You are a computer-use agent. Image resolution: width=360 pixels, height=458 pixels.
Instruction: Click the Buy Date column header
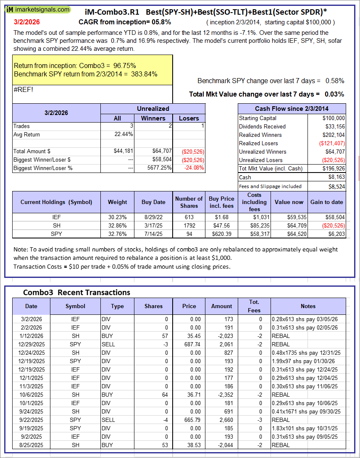click(x=153, y=202)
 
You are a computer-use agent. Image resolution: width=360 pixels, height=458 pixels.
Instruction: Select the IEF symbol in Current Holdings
click(x=56, y=217)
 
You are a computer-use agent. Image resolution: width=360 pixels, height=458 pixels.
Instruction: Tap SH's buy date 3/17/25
click(x=153, y=225)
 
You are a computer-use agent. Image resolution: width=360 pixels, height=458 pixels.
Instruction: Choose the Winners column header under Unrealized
click(x=153, y=118)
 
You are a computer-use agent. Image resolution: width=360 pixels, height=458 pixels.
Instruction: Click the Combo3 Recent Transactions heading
click(x=76, y=293)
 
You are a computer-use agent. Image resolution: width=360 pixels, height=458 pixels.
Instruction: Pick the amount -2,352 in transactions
click(x=221, y=395)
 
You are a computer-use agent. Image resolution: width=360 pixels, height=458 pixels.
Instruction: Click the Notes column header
click(x=308, y=306)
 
